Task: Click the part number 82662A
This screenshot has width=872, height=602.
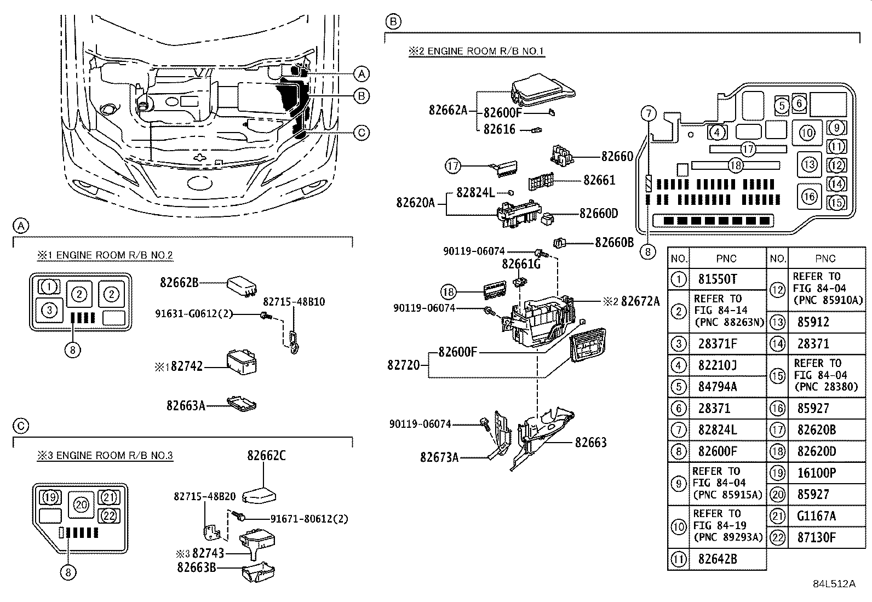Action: click(448, 110)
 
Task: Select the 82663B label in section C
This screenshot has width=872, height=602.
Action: click(196, 567)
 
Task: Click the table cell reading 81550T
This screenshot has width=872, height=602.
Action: click(718, 279)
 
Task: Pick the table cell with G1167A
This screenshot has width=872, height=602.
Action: click(817, 516)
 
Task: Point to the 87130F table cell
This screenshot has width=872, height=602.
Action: click(817, 537)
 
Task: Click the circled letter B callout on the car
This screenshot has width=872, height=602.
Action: click(361, 96)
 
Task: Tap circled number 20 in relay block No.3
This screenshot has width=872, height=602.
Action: click(81, 504)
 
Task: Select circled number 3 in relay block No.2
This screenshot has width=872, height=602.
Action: click(49, 310)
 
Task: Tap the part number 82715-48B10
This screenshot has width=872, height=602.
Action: click(294, 302)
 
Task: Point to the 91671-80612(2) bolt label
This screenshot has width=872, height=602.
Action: click(309, 518)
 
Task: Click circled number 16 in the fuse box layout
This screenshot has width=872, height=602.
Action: click(809, 196)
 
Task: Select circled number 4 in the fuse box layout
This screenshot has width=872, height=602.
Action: click(717, 132)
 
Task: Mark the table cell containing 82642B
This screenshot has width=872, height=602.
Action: click(718, 559)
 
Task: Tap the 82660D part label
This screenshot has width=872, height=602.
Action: click(599, 213)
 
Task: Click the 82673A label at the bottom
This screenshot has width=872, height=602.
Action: click(439, 456)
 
